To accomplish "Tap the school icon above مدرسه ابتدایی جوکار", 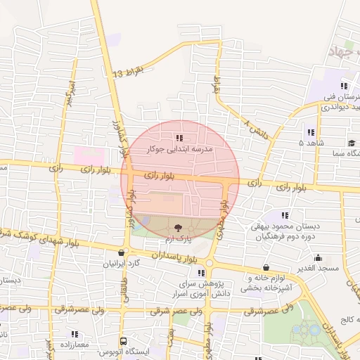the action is pyautogui.click(x=179, y=138).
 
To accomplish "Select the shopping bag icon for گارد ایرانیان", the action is pyautogui.click(x=122, y=253).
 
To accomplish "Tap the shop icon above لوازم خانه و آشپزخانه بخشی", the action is pyautogui.click(x=266, y=267).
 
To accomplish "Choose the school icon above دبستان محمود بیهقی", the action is pyautogui.click(x=285, y=215).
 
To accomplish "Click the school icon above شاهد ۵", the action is pyautogui.click(x=310, y=131).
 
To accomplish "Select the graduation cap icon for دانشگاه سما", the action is pyautogui.click(x=351, y=143).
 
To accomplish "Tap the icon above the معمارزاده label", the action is pyautogui.click(x=75, y=334).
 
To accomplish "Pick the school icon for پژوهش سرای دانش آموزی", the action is pyautogui.click(x=201, y=273).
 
